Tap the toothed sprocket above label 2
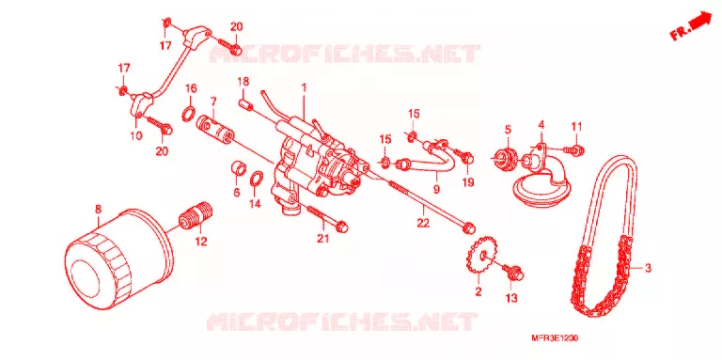[x=480, y=257]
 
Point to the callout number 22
[x=423, y=223]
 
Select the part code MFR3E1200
[x=557, y=338]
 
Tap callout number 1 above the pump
[x=304, y=86]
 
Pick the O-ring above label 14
[x=256, y=179]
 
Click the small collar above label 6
[x=238, y=168]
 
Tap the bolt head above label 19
[x=467, y=158]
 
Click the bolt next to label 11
[x=575, y=149]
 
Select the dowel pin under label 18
[x=247, y=104]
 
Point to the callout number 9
[x=436, y=188]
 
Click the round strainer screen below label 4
[x=538, y=186]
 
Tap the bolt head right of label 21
[x=342, y=226]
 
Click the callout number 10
[x=137, y=135]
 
